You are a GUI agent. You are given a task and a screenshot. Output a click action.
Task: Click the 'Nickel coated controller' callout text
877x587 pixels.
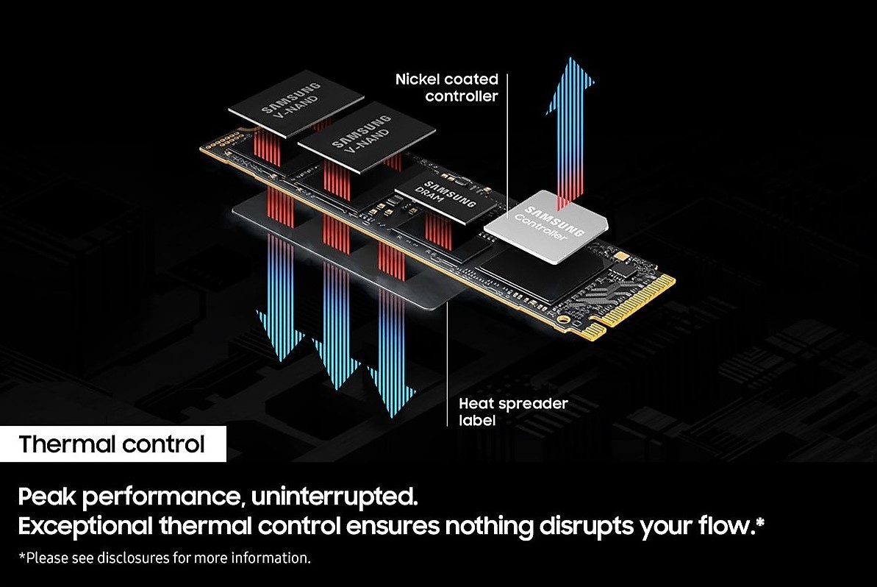pos(446,87)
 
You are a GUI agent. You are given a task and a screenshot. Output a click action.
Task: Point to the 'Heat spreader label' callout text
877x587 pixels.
pos(513,411)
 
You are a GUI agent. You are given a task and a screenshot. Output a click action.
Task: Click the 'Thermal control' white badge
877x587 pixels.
pos(112,444)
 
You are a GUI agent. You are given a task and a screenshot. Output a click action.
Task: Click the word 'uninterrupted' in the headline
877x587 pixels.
pos(334,497)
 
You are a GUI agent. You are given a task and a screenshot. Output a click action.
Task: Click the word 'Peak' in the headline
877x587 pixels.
pos(46,497)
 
